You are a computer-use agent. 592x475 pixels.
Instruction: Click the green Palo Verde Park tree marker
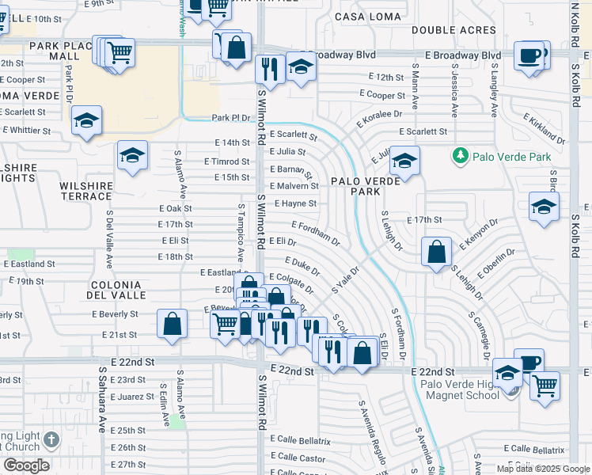(460, 156)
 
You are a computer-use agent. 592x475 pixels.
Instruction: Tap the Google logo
(26, 465)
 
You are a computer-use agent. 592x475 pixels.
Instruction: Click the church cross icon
(51, 440)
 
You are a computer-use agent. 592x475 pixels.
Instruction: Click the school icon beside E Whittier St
(86, 120)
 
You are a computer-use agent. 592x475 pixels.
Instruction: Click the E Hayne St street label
(295, 203)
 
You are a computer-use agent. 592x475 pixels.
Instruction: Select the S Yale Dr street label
(346, 280)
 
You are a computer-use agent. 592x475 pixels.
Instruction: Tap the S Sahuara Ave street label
(102, 399)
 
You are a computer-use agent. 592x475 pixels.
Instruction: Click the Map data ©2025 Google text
(542, 469)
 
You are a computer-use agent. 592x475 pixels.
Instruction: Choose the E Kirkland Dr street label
(544, 127)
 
